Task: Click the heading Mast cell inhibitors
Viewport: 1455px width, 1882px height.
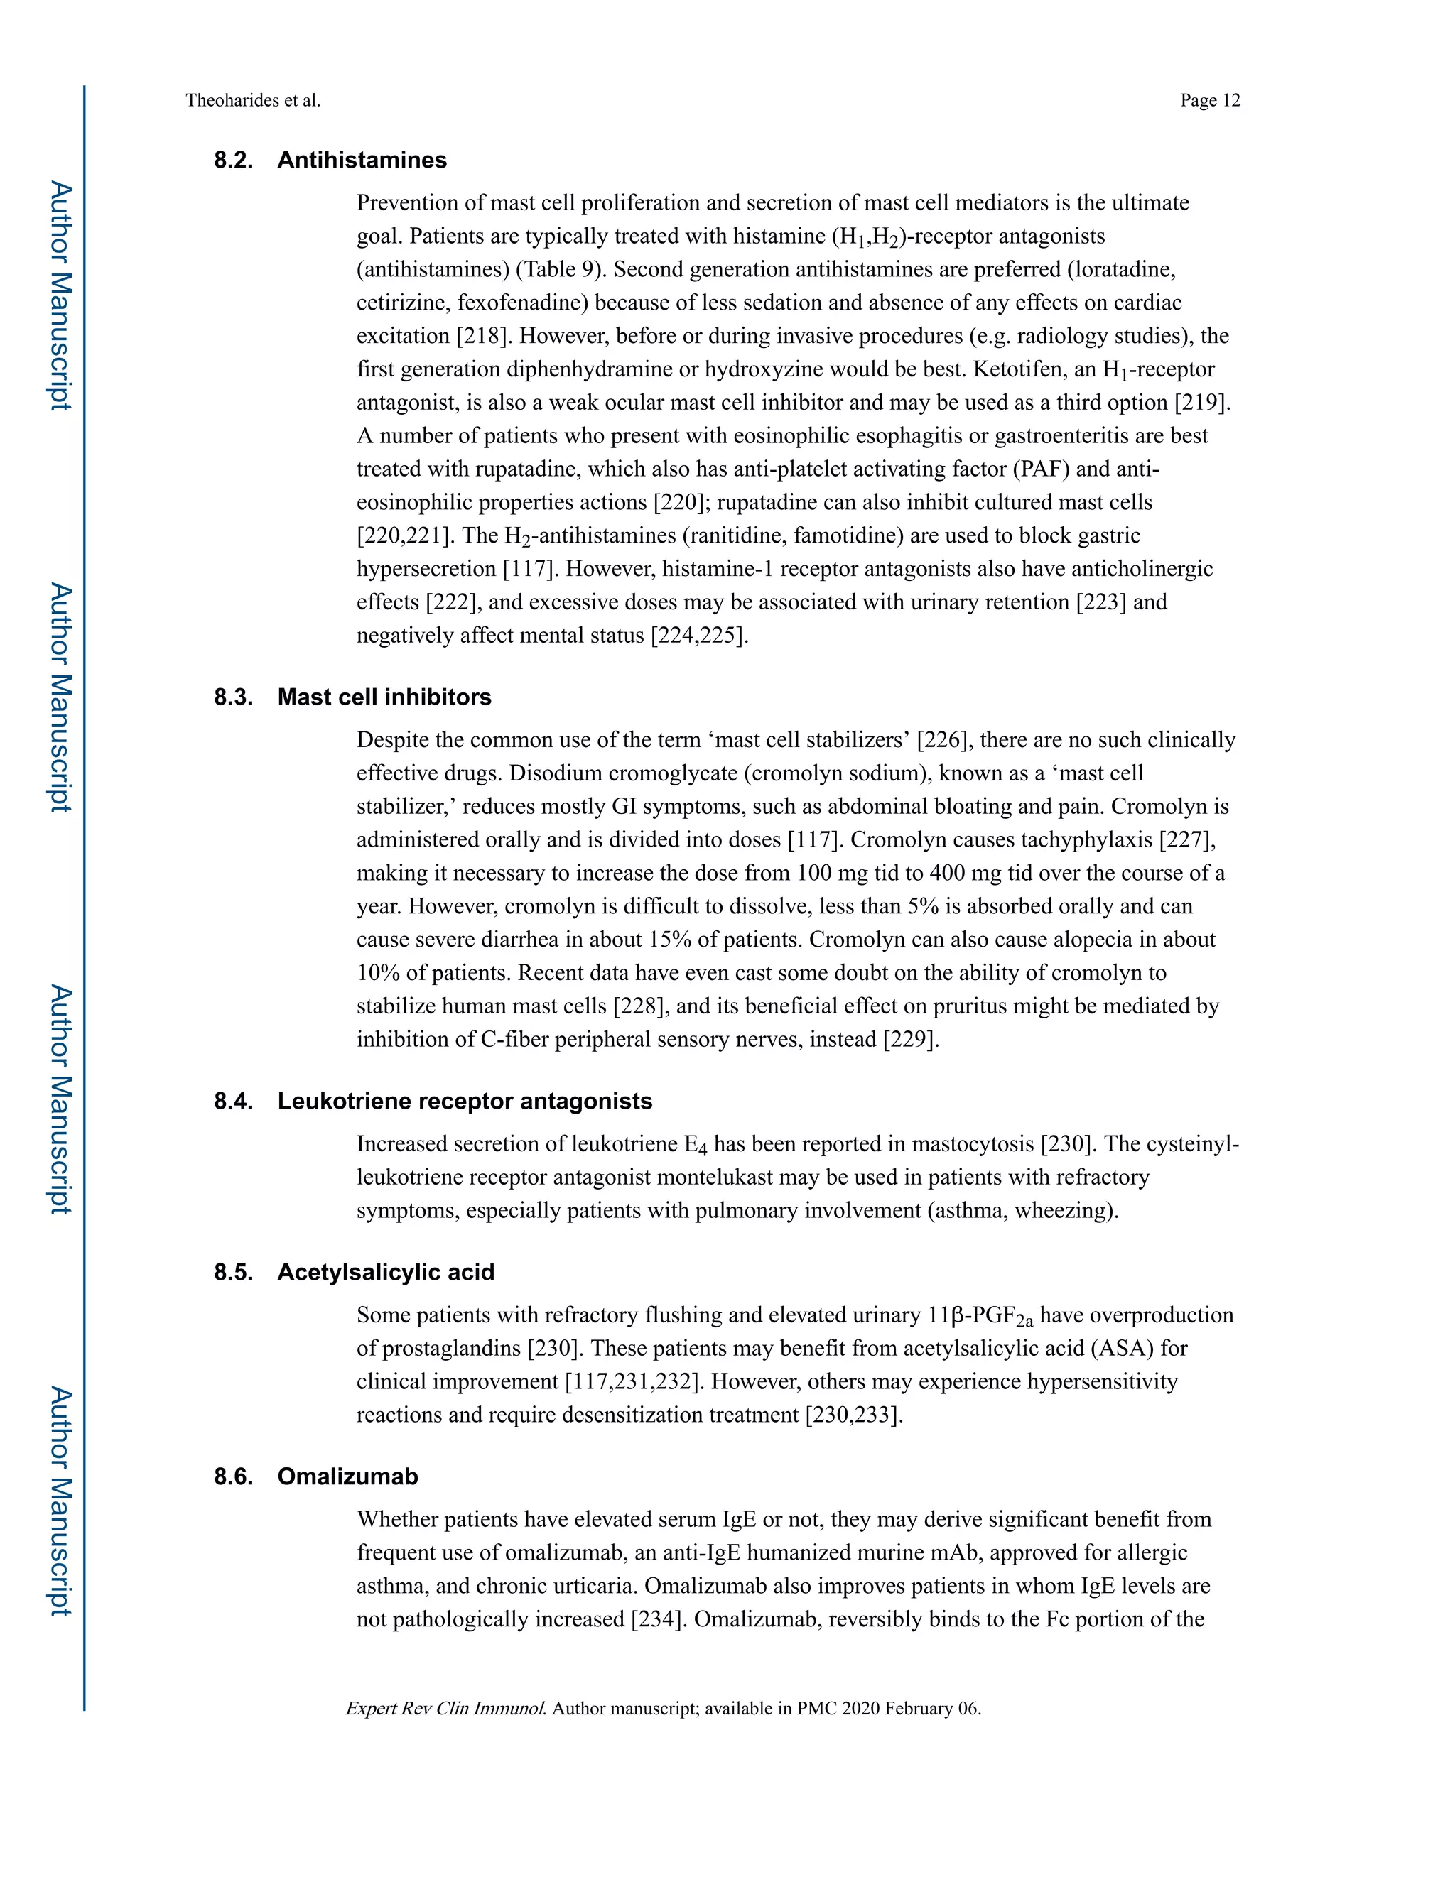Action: pyautogui.click(x=384, y=697)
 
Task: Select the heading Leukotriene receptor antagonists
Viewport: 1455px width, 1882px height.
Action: pyautogui.click(x=465, y=1102)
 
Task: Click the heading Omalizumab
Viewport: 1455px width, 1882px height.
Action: pyautogui.click(x=347, y=1476)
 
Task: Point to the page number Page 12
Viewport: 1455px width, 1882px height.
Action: pyautogui.click(x=1209, y=101)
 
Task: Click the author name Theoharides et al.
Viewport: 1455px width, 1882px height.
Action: pyautogui.click(x=252, y=101)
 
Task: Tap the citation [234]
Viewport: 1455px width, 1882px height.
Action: pyautogui.click(x=658, y=1620)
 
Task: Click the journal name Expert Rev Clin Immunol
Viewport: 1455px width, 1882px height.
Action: pyautogui.click(x=445, y=1709)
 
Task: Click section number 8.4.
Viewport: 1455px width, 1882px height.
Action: pyautogui.click(x=234, y=1102)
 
